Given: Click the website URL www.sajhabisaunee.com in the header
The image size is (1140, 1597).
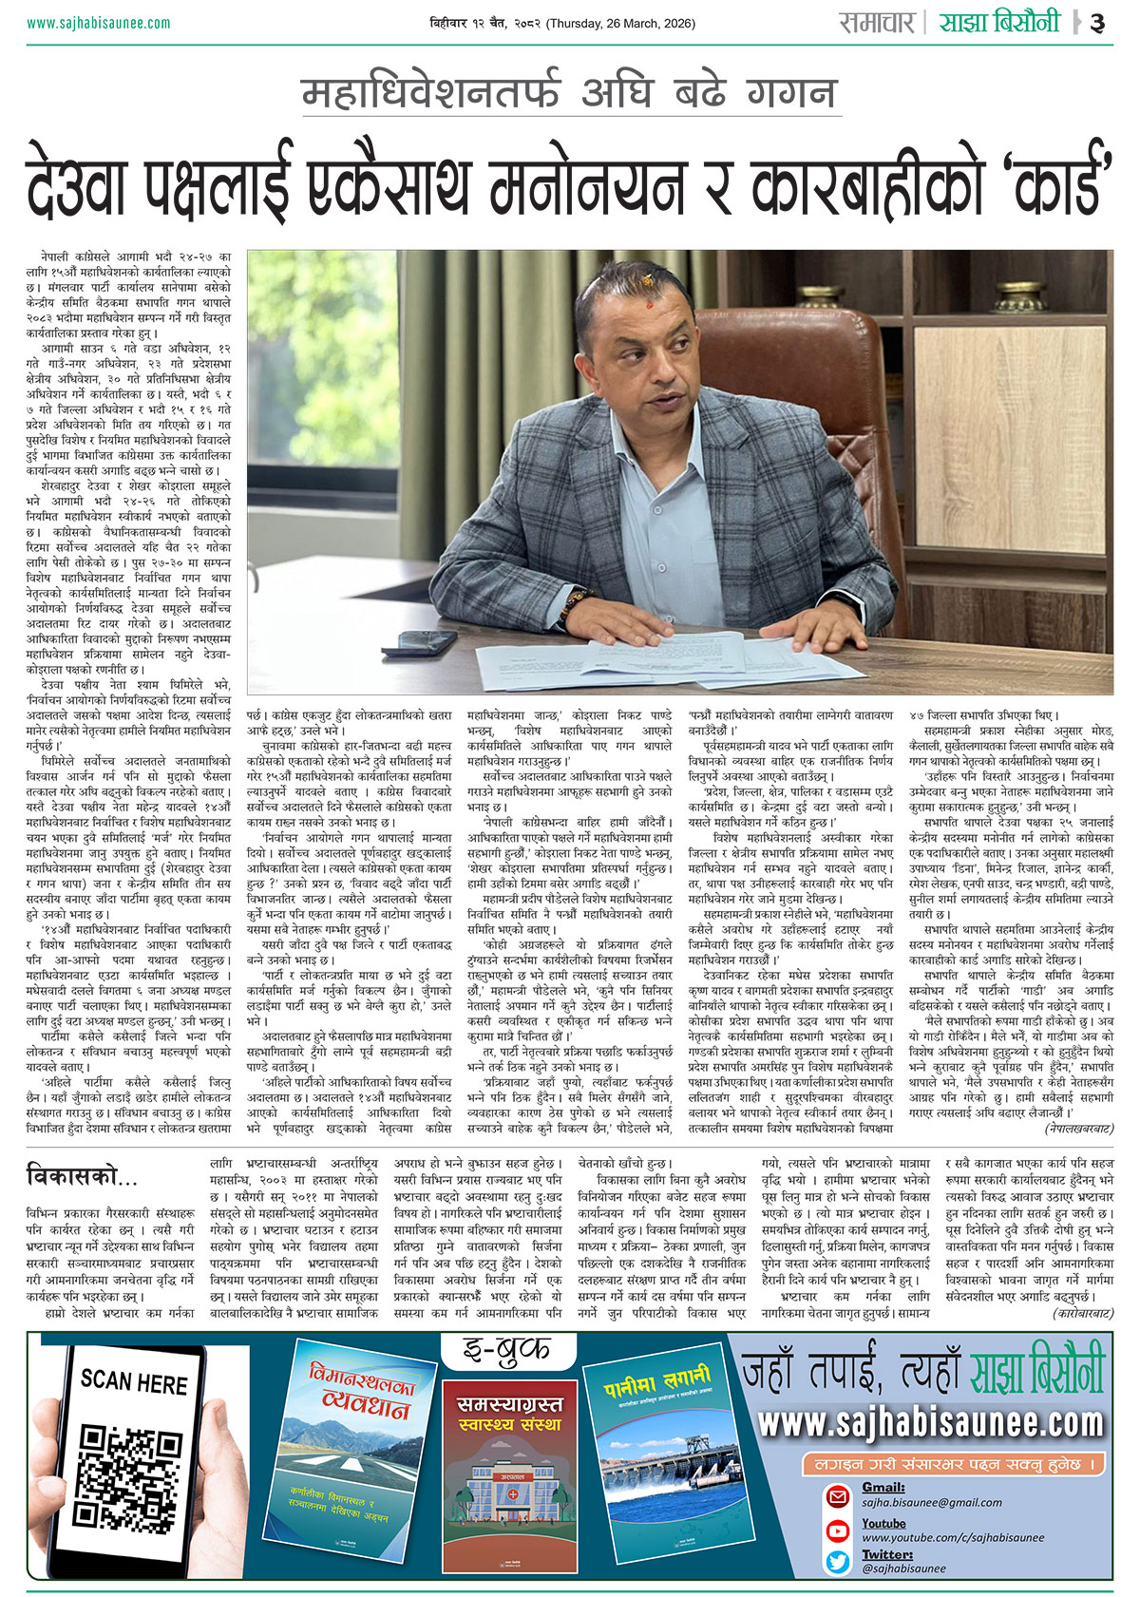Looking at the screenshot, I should pyautogui.click(x=99, y=23).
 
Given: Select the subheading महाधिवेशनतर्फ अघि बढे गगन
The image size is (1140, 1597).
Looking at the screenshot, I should pyautogui.click(x=569, y=94).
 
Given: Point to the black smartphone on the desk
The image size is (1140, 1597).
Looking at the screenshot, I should pyautogui.click(x=427, y=641).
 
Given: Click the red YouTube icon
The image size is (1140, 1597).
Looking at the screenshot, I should pyautogui.click(x=838, y=1530).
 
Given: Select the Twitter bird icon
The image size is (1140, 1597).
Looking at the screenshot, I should pyautogui.click(x=838, y=1561).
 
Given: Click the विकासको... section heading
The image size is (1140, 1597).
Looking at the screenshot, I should pyautogui.click(x=83, y=1176).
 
